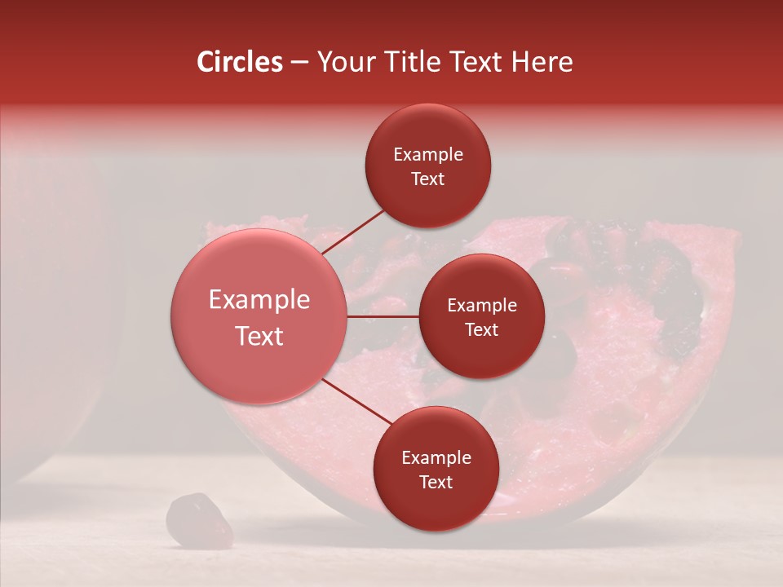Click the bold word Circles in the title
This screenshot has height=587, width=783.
click(239, 62)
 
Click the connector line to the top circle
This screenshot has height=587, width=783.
click(352, 231)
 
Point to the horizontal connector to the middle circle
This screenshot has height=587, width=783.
click(383, 316)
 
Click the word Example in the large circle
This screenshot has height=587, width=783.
click(259, 300)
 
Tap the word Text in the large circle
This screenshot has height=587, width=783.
click(259, 336)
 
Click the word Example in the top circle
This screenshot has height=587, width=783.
click(428, 154)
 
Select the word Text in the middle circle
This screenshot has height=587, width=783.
click(482, 329)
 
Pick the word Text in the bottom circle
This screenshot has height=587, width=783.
click(436, 482)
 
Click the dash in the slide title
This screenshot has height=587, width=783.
click(299, 63)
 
